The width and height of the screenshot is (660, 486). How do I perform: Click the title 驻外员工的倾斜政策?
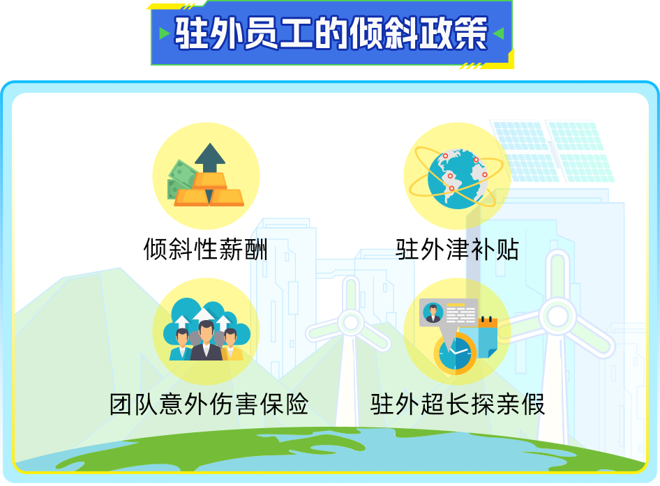[x=331, y=33]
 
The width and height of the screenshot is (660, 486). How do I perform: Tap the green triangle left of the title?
[x=164, y=33]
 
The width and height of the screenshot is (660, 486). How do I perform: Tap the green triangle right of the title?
[x=499, y=33]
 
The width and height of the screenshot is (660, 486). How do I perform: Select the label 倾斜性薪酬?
[x=205, y=249]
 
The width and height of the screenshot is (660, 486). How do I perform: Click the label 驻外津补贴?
[x=457, y=249]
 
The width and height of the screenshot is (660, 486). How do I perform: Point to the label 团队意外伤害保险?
[x=209, y=404]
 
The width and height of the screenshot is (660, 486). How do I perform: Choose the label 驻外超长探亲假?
[x=458, y=404]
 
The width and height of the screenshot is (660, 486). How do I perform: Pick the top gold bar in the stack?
[x=209, y=181]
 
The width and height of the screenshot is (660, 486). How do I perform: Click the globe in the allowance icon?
[x=458, y=179]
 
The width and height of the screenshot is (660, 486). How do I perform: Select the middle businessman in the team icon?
[x=206, y=341]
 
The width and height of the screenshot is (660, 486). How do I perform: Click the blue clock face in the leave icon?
[x=456, y=354]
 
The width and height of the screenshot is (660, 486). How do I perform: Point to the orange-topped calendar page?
[x=487, y=337]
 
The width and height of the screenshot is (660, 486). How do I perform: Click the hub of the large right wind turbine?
[x=558, y=317]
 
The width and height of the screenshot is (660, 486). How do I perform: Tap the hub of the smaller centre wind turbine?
[x=351, y=323]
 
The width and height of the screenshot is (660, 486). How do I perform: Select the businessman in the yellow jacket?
[x=232, y=344]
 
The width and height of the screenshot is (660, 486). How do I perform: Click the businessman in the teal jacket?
[x=181, y=344]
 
